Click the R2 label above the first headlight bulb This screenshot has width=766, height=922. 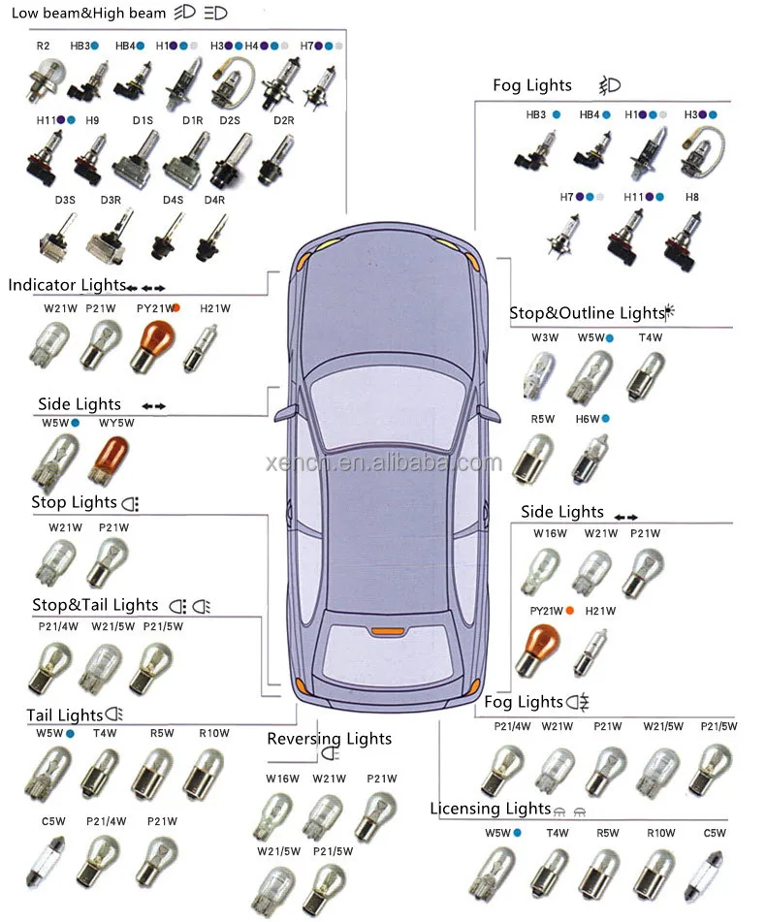(x=43, y=46)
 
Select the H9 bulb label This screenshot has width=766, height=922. (x=92, y=120)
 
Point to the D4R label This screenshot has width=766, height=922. (x=214, y=201)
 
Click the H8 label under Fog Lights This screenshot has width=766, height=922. (x=691, y=197)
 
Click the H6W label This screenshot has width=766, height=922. (x=588, y=419)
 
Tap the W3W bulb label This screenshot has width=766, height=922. (x=545, y=338)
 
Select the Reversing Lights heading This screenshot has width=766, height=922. (x=329, y=739)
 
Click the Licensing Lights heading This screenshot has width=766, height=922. (x=490, y=809)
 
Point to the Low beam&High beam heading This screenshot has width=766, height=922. (x=88, y=15)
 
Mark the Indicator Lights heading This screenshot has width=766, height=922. (x=66, y=285)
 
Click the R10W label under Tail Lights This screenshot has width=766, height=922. (x=213, y=733)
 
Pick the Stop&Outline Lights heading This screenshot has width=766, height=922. (x=586, y=313)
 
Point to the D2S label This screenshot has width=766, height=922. (x=230, y=120)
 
